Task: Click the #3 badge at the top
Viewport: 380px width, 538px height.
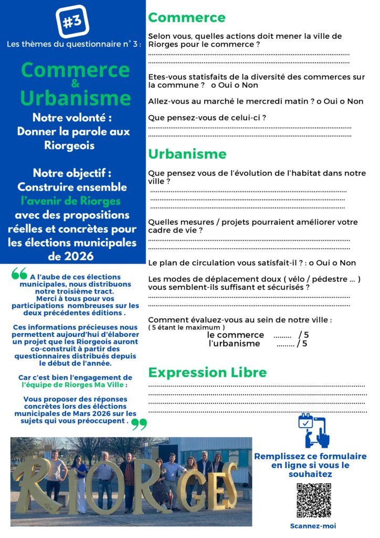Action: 72,22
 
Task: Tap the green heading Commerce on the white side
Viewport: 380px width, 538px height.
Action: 186,17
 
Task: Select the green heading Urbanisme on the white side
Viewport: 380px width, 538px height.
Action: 187,154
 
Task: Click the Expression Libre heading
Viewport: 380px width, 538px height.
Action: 207,373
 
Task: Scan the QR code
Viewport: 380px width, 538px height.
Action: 314,500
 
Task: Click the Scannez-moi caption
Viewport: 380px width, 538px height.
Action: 313,525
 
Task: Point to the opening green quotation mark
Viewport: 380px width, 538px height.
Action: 19,274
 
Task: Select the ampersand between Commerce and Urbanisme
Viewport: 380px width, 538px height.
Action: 75,84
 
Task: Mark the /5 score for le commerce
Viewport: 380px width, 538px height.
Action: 303,335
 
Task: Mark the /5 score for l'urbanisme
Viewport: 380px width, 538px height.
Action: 302,344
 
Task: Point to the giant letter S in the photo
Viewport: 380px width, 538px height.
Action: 227,486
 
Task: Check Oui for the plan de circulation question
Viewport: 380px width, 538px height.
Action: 328,263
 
